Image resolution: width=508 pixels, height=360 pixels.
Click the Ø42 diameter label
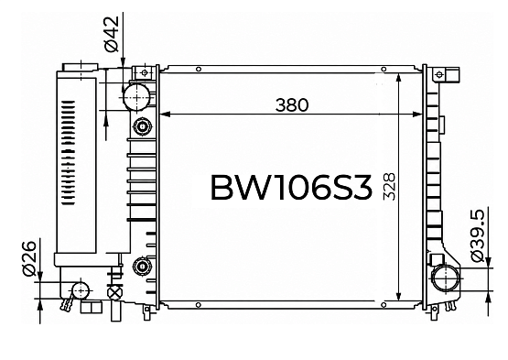tap(112, 34)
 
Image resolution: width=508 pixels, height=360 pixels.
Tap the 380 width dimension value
tap(292, 105)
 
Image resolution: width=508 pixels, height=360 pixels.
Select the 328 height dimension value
tap(389, 187)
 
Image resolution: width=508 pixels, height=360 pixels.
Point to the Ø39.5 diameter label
tap(477, 235)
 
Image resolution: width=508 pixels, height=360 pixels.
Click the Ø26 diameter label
tap(28, 258)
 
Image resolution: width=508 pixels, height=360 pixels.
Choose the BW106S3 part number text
tap(291, 188)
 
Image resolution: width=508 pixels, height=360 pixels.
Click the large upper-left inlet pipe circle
tap(136, 97)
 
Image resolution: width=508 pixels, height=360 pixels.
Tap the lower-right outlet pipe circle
tap(446, 278)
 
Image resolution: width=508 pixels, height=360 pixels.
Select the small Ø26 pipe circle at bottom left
tap(80, 290)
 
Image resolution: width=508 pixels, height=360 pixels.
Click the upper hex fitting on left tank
tap(142, 126)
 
